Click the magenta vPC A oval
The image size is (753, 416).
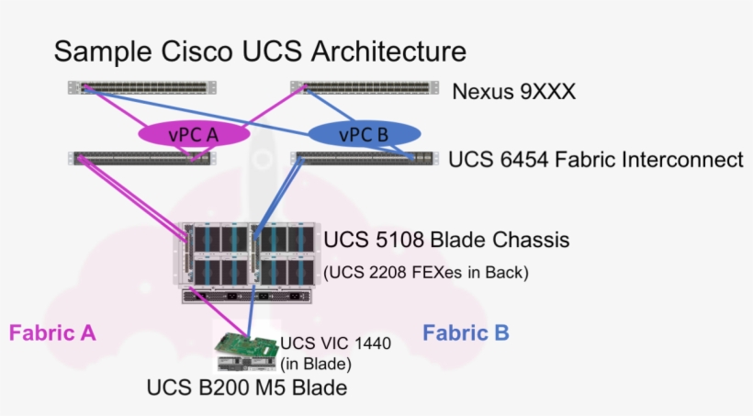point(194,134)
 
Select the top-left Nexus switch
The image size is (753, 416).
point(142,88)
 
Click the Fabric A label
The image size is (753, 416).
point(52,332)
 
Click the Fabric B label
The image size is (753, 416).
point(466,332)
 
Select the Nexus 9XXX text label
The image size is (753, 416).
point(513,91)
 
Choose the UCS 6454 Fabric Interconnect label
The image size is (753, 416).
point(595,160)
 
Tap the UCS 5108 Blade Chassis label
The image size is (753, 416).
point(446,241)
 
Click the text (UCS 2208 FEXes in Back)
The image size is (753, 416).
point(426,272)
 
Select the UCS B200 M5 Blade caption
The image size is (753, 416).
point(246,388)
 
